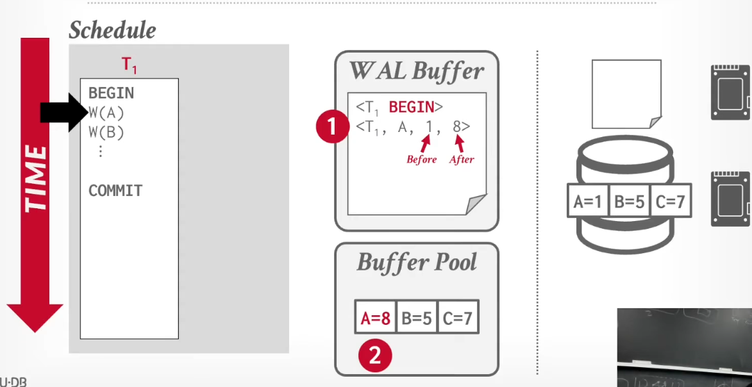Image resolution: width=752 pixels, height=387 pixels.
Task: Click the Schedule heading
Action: coord(112,31)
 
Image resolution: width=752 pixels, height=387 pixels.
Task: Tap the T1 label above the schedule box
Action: coord(129,65)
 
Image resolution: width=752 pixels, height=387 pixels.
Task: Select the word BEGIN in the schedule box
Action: coord(112,93)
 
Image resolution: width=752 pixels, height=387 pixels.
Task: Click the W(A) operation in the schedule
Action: coord(106,113)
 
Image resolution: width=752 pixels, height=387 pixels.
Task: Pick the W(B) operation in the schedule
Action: coord(106,132)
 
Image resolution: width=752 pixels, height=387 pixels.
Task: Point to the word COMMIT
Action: coord(115,191)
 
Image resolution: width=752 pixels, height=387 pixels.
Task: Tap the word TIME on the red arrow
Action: coord(36,178)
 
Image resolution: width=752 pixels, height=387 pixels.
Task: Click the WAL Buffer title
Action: coord(417,71)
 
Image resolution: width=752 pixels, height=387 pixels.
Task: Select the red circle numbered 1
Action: coord(332,126)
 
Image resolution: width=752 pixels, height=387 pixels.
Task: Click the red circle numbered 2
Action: coord(375,356)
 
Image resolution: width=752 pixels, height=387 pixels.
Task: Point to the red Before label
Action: coord(422,160)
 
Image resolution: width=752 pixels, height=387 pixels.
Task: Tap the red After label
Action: coord(462,160)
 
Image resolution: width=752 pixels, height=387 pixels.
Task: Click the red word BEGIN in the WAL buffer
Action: coord(411,107)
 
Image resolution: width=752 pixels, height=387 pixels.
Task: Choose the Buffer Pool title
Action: coord(417,262)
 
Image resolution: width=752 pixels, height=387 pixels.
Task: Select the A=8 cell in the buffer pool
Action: coord(376,317)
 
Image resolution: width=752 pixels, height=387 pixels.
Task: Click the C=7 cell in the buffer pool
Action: coord(458,317)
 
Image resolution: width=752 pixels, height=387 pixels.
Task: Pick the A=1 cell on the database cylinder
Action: coord(587,201)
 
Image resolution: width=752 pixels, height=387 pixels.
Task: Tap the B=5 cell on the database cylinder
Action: coord(629,201)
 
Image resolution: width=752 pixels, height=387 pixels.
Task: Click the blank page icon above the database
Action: coord(626,94)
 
